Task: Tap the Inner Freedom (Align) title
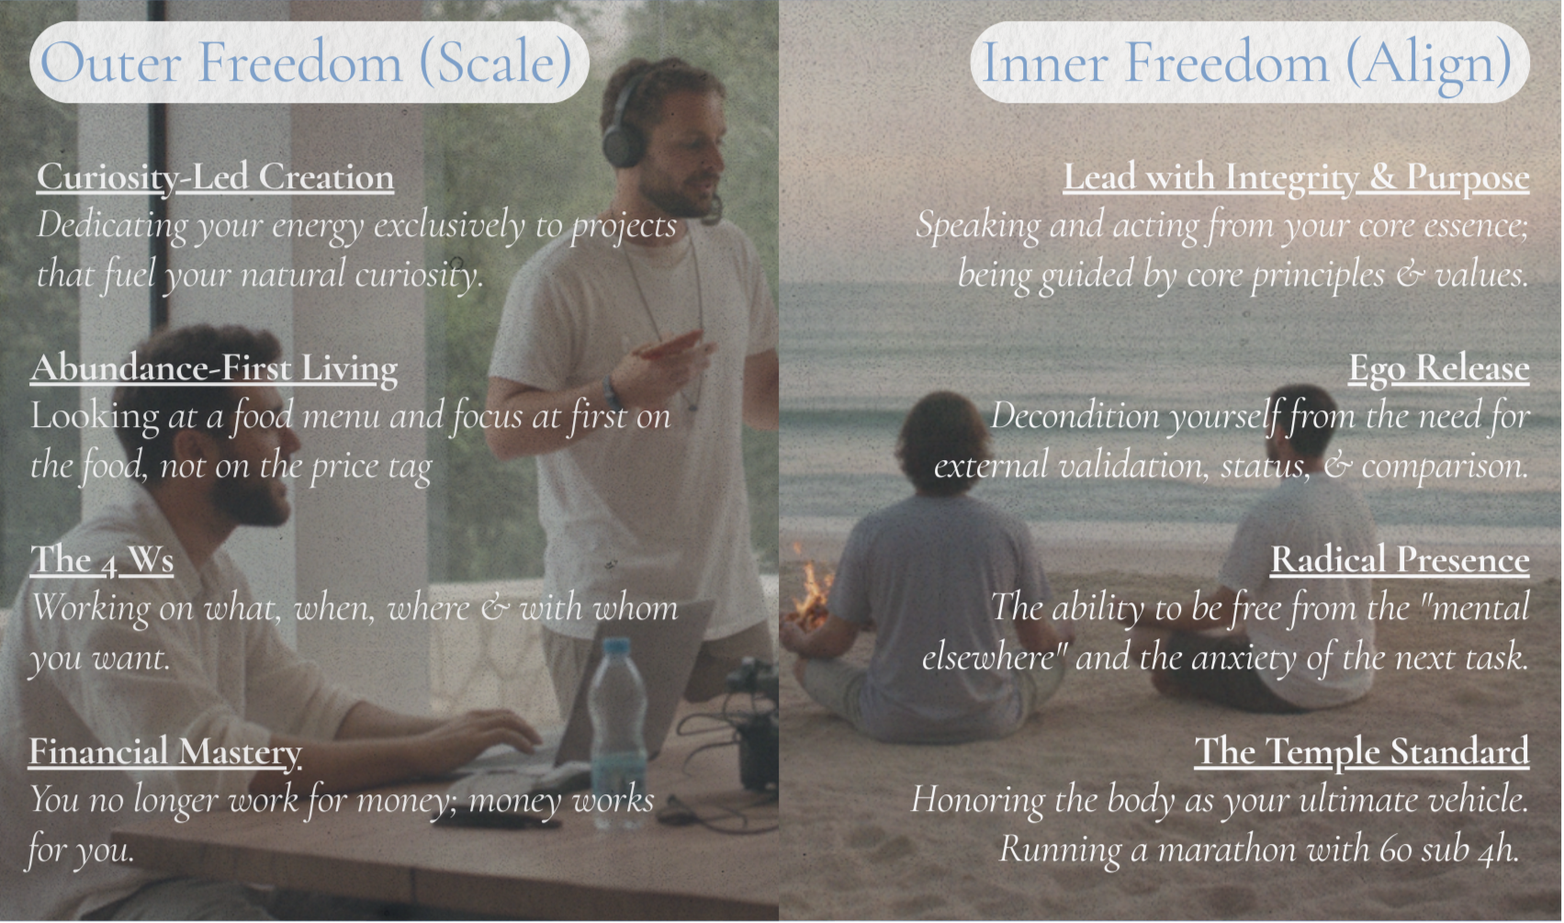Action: coord(1248,63)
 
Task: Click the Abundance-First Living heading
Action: coord(214,368)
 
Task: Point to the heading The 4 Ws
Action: coord(102,560)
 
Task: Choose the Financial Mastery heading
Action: coord(164,752)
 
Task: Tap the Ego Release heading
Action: coord(1438,368)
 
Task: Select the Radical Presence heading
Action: coord(1400,560)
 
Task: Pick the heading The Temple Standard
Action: coord(1362,752)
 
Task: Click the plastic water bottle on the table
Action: coord(618,733)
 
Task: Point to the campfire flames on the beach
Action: coord(810,590)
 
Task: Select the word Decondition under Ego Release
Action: coord(1076,417)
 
